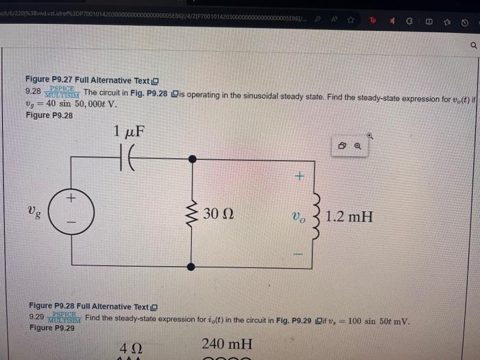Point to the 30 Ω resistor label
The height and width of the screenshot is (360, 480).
[x=219, y=214]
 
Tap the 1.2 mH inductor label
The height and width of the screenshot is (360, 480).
[x=349, y=217]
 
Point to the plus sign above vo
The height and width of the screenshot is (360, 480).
[x=298, y=176]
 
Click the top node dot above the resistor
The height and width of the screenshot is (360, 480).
[x=192, y=158]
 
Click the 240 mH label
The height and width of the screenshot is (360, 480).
[x=227, y=344]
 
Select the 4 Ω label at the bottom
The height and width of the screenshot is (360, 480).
[x=131, y=348]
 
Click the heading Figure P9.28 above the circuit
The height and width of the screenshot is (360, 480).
[x=49, y=115]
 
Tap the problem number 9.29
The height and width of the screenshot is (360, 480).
[x=36, y=317]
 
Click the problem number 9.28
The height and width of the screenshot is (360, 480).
[x=32, y=91]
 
